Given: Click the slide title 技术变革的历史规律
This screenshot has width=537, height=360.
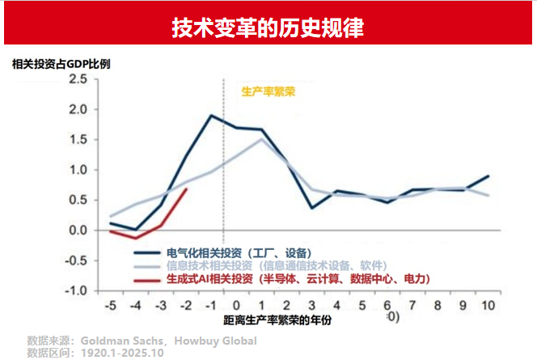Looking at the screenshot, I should [268, 28].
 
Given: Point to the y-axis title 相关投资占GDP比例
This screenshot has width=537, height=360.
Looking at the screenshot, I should [61, 64].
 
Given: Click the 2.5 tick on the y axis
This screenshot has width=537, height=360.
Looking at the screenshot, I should [77, 79].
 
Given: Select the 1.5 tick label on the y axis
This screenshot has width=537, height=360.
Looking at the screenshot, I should [77, 140].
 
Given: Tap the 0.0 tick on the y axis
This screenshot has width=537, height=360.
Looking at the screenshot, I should [77, 231].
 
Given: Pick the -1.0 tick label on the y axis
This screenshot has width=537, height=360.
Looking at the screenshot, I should [75, 290].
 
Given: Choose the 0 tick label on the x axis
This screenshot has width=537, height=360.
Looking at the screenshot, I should [237, 305].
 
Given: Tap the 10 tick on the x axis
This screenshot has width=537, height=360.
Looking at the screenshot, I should [488, 305].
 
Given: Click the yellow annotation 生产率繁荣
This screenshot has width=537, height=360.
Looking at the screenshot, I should [268, 91].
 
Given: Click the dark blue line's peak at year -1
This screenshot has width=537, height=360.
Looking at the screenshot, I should [211, 116].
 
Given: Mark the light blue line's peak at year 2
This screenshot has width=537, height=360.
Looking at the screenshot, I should [261, 139].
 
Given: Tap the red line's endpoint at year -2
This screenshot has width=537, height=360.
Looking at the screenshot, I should [187, 189].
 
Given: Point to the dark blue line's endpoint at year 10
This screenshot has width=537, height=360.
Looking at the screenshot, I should [488, 176].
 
